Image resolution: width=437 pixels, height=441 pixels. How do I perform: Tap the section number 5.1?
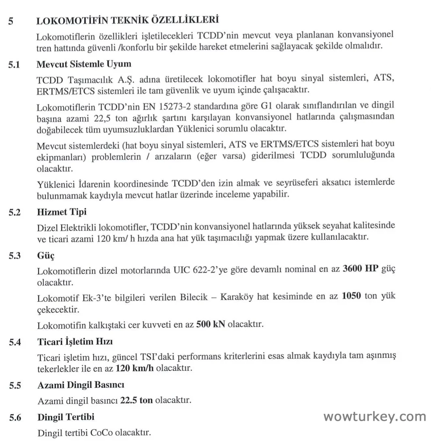point(15,64)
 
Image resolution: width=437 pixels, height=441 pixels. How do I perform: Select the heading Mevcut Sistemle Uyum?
point(84,64)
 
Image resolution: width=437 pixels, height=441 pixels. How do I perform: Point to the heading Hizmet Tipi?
point(62,212)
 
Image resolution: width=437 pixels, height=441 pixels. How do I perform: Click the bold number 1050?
point(352,296)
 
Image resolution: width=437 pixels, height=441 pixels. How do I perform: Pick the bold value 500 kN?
point(211,325)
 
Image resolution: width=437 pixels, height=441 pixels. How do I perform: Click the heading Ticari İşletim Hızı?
point(78,342)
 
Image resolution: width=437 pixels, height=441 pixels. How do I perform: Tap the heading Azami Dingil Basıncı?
point(81,385)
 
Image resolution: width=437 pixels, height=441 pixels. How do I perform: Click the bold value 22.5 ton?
point(136,400)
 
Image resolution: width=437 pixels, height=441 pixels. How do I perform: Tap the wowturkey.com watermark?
point(375,416)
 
